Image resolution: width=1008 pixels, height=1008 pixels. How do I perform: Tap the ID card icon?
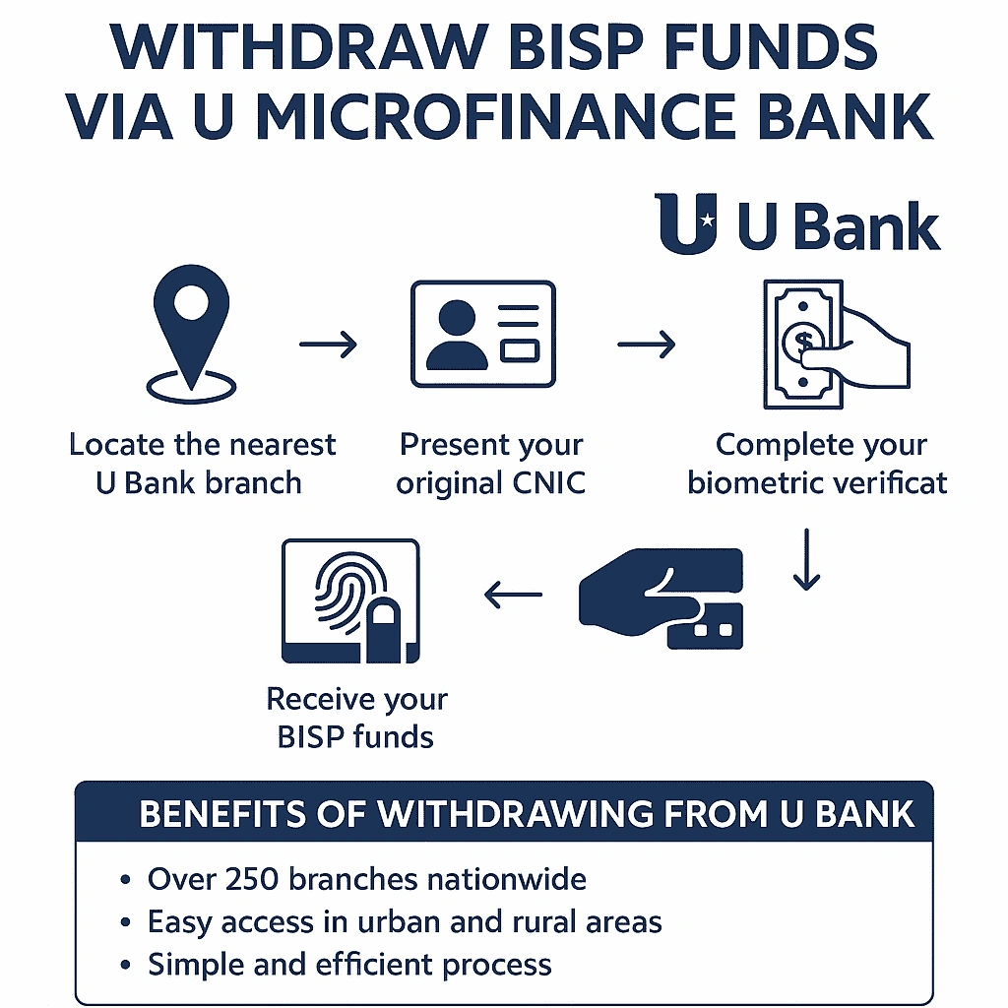pos(483,335)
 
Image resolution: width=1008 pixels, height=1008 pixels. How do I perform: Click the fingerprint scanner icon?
pos(350,600)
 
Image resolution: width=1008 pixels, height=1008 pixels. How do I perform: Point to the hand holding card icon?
pos(661,598)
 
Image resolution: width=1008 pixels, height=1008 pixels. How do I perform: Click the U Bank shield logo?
pos(687,224)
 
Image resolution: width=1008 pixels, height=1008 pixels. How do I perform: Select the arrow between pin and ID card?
pos(329,344)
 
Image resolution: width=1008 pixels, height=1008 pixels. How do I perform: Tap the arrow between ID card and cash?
pos(647,344)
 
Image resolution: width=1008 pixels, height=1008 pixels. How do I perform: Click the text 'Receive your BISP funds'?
pos(356,718)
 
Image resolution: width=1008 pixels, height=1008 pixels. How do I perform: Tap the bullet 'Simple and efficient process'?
pos(349,965)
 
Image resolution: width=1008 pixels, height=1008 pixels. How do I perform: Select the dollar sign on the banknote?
pos(802,341)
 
